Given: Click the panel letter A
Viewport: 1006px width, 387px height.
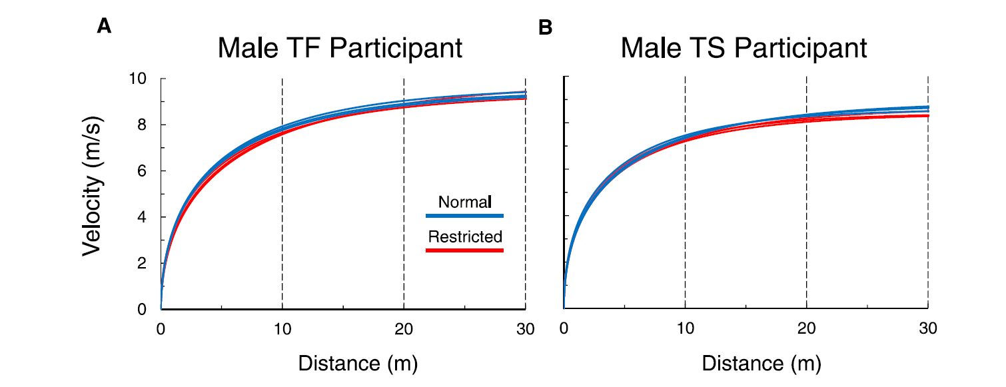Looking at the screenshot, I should click(x=104, y=27).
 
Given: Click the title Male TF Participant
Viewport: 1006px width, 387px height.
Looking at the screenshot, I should click(x=340, y=49).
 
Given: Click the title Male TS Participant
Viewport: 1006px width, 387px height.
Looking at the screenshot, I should click(x=744, y=49).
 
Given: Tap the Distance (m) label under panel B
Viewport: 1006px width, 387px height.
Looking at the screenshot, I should click(x=761, y=363).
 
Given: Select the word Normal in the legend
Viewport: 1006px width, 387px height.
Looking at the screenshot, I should click(x=464, y=202).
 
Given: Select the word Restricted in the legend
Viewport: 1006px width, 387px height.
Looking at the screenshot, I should click(x=465, y=236).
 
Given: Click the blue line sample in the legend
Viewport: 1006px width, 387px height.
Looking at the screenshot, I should click(x=464, y=216).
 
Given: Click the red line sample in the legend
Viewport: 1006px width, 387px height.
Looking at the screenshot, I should click(x=464, y=250).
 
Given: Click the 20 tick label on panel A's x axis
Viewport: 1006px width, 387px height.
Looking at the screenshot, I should click(x=404, y=328).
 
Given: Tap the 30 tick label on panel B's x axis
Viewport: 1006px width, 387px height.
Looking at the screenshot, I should click(x=928, y=328).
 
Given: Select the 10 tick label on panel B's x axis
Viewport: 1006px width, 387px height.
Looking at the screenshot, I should click(x=685, y=328).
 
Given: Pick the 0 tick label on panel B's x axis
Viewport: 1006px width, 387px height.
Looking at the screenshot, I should click(x=564, y=328).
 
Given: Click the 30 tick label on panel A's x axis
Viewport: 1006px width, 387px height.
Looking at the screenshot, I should click(x=525, y=328).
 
